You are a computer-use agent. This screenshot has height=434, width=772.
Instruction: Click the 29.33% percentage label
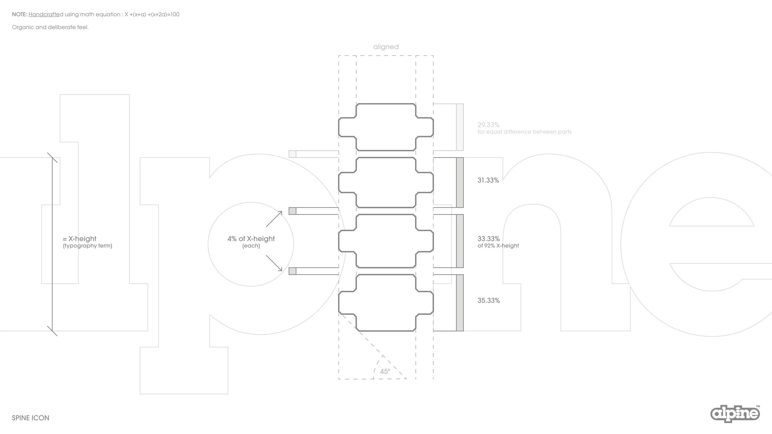pyautogui.click(x=488, y=125)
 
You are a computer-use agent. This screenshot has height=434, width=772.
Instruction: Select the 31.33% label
pyautogui.click(x=488, y=180)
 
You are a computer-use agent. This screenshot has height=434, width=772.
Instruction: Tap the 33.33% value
pyautogui.click(x=489, y=239)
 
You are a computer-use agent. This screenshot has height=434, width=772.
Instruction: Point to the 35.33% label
pyautogui.click(x=489, y=300)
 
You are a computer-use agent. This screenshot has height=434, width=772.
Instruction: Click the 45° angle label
pyautogui.click(x=385, y=371)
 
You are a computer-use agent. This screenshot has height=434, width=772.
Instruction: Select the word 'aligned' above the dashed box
pyautogui.click(x=386, y=47)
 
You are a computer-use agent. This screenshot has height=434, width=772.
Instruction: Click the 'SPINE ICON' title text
pyautogui.click(x=31, y=418)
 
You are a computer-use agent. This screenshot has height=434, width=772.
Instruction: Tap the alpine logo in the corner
pyautogui.click(x=735, y=414)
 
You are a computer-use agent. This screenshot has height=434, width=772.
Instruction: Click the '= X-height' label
pyautogui.click(x=80, y=239)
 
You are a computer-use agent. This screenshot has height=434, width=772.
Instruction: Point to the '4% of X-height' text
pyautogui.click(x=251, y=239)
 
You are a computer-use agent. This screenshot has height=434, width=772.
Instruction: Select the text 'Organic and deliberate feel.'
pyautogui.click(x=50, y=27)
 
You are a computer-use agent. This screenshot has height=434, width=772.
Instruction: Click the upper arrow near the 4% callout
pyautogui.click(x=274, y=219)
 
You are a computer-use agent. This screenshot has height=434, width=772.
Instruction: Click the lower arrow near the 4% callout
pyautogui.click(x=274, y=263)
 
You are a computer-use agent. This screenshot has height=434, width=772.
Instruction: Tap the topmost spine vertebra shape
pyautogui.click(x=386, y=127)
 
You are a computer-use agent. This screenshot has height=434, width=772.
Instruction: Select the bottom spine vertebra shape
pyautogui.click(x=386, y=303)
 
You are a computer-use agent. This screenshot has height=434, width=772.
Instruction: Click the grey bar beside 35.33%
pyautogui.click(x=460, y=303)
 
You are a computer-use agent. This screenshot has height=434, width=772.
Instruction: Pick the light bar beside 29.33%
pyautogui.click(x=460, y=127)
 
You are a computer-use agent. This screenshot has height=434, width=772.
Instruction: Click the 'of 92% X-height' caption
pyautogui.click(x=498, y=246)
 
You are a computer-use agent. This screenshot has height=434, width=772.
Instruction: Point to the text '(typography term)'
pyautogui.click(x=88, y=246)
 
